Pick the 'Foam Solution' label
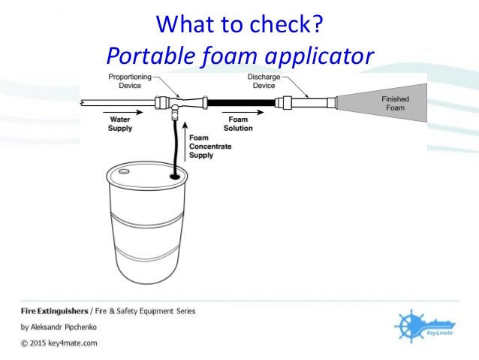click(x=238, y=123)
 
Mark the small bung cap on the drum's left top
click(x=120, y=171)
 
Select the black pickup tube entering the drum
click(x=174, y=147)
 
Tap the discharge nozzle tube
click(x=308, y=103)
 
